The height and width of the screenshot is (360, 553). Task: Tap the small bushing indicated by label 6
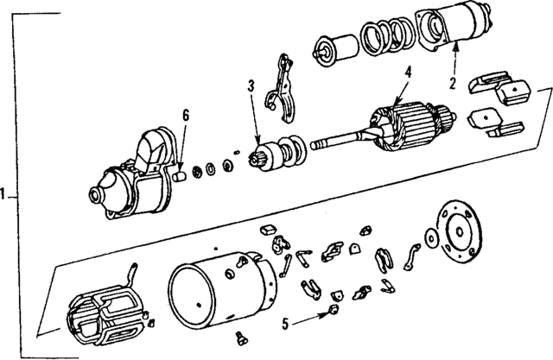[181, 175]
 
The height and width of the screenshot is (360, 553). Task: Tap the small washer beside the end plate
[428, 237]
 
